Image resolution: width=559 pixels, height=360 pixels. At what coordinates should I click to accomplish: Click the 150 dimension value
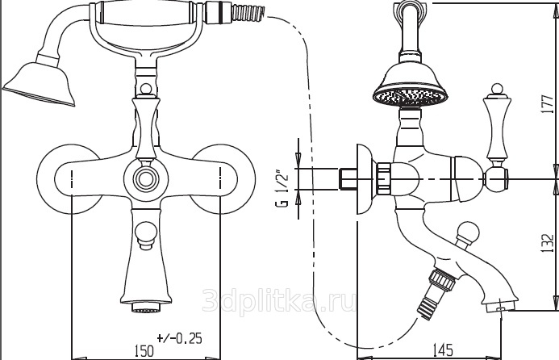(x=144, y=350)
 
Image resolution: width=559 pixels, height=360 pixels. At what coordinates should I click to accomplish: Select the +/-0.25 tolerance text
(x=179, y=337)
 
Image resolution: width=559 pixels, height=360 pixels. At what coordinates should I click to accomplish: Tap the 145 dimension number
(x=442, y=350)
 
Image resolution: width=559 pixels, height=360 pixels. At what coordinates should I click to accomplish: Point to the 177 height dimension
(x=547, y=104)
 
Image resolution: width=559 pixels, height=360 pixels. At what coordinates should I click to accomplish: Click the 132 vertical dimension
(x=547, y=243)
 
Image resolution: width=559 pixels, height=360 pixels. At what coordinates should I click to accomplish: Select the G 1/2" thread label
(x=282, y=190)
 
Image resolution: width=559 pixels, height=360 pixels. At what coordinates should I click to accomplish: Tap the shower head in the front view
(x=40, y=85)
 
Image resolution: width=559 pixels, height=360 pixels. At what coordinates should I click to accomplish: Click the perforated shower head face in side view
(x=410, y=96)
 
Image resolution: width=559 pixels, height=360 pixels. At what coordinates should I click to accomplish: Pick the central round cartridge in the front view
(x=146, y=178)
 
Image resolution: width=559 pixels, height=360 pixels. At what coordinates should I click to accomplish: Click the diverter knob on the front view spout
(x=145, y=234)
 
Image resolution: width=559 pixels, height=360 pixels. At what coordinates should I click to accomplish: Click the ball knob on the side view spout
(x=467, y=231)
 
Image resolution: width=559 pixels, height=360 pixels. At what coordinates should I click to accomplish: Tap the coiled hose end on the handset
(x=248, y=12)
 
